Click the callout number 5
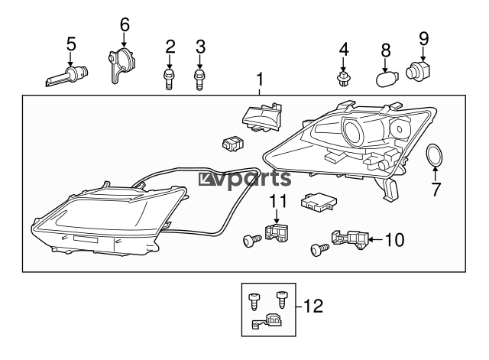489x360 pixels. click(71, 44)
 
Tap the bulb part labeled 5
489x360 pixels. click(67, 76)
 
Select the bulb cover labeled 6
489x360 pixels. click(121, 65)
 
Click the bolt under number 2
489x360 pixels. click(169, 79)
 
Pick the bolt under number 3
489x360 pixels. click(199, 79)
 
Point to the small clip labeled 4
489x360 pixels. click(343, 79)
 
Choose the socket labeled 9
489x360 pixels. click(418, 70)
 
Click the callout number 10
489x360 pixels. click(394, 240)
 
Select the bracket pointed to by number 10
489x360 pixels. click(350, 240)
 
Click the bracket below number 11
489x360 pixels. click(277, 232)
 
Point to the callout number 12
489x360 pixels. click(313, 306)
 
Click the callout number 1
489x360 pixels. click(260, 79)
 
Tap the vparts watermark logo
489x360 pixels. click(244, 179)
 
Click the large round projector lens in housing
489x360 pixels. click(354, 132)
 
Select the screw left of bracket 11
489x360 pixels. click(251, 241)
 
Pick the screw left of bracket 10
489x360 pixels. click(320, 250)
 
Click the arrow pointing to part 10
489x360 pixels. click(376, 239)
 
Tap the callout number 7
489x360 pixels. click(436, 190)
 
